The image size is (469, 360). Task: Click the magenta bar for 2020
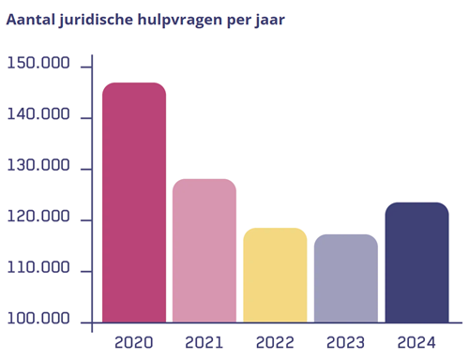point(134,202)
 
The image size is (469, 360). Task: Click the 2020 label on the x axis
point(134,341)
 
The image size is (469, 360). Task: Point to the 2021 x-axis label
point(204,341)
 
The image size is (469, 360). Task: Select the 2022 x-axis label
point(275,341)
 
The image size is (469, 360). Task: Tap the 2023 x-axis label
point(346,341)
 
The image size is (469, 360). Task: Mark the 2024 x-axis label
point(416,341)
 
